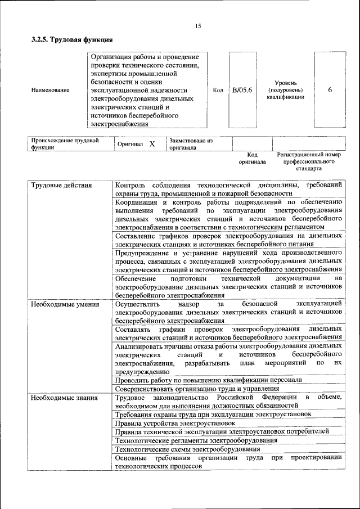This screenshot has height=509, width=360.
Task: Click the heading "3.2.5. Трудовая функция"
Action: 71,40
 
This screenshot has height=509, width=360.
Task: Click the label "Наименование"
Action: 51,90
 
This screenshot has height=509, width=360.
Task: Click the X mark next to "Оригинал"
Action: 152,144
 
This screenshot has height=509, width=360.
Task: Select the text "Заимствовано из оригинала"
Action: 190,144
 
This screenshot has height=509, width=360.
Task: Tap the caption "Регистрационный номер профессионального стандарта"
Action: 309,161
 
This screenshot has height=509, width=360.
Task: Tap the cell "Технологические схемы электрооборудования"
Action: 187,449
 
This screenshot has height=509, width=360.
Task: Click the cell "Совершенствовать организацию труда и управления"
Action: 197,389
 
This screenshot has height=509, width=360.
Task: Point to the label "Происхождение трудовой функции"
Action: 65,144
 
